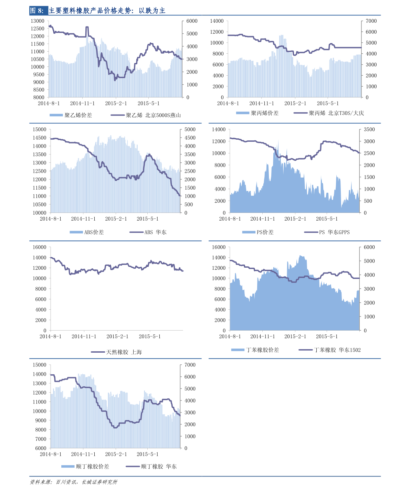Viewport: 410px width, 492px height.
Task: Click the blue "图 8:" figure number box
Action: (38, 11)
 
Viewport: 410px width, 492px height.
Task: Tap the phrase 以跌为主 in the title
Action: (152, 11)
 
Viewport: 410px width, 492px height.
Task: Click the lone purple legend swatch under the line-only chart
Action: (98, 352)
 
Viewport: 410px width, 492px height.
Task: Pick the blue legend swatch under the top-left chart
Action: (56, 115)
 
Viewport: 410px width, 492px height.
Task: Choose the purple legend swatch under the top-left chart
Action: (118, 115)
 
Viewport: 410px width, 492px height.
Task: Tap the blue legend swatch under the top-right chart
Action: (243, 113)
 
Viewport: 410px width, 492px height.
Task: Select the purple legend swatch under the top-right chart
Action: (301, 113)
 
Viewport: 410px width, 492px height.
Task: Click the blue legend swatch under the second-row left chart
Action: (76, 232)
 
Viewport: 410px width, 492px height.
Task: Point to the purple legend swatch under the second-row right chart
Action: (311, 232)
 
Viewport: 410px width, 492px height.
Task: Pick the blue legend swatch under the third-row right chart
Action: (238, 350)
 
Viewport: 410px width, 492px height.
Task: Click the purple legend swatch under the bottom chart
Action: (133, 467)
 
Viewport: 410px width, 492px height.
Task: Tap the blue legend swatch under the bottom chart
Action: (68, 467)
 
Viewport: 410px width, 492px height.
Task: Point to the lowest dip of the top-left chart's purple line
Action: (115, 80)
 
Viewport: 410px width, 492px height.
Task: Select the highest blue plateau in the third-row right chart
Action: (302, 256)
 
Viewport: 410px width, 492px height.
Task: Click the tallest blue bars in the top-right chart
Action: (281, 36)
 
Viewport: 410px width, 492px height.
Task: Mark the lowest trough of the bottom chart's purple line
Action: (115, 428)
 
